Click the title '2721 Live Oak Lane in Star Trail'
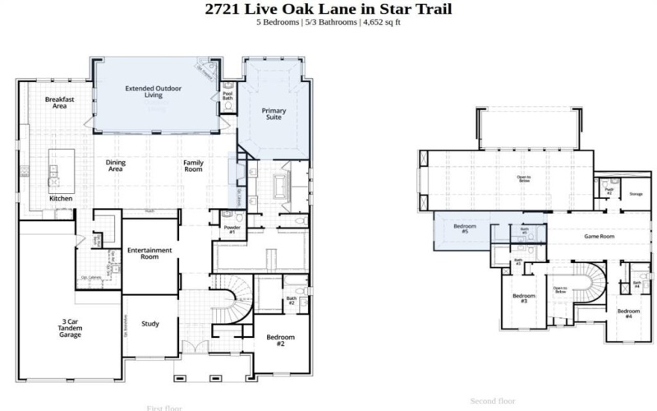(x=328, y=9)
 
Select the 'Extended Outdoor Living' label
(x=153, y=90)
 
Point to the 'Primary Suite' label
(x=273, y=113)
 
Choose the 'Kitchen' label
(x=61, y=199)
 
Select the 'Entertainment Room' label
(x=149, y=253)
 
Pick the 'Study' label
(x=150, y=323)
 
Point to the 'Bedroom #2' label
(x=279, y=341)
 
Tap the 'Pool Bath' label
(x=227, y=97)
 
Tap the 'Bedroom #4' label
(x=629, y=313)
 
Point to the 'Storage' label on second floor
(x=635, y=194)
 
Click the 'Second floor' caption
(x=493, y=401)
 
